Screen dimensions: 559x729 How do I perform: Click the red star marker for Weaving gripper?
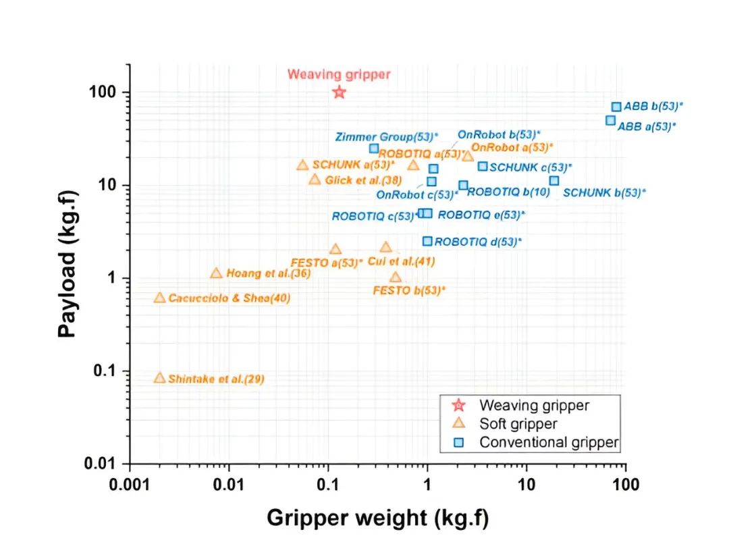coord(339,92)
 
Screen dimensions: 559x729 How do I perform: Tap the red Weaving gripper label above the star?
coord(339,74)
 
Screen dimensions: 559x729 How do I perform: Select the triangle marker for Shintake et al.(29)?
coord(159,378)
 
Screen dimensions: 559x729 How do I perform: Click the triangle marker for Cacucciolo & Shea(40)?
coord(159,298)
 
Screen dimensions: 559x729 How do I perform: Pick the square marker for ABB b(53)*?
coord(616,107)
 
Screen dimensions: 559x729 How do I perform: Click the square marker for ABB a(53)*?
coord(610,120)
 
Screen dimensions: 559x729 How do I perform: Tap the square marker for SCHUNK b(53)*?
coord(554,180)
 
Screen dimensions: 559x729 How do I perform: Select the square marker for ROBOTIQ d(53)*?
coord(427,241)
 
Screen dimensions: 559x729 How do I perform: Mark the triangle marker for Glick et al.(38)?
coord(315,180)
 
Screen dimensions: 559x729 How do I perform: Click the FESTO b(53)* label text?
coord(409,290)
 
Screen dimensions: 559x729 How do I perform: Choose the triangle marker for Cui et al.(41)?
coord(385,248)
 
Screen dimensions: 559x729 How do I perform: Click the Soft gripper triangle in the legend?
coord(458,424)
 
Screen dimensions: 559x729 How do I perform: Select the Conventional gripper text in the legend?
coord(549,443)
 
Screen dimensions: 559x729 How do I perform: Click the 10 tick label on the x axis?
coord(526,484)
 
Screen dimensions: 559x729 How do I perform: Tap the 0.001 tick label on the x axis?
coord(130,484)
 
